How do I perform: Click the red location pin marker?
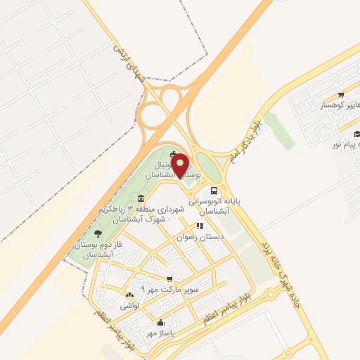pos(180,165)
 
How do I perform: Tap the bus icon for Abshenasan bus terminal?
pos(214,191)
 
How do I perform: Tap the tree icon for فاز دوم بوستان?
pos(97,233)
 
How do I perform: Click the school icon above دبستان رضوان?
pos(200,226)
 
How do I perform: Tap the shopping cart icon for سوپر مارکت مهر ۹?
pos(169,279)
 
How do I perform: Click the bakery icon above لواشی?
pos(129,295)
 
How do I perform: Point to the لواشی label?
pos(131,307)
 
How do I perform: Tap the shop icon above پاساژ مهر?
pos(160,323)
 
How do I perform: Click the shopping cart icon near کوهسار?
pos(341,95)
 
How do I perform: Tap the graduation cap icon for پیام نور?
pos(356,134)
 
